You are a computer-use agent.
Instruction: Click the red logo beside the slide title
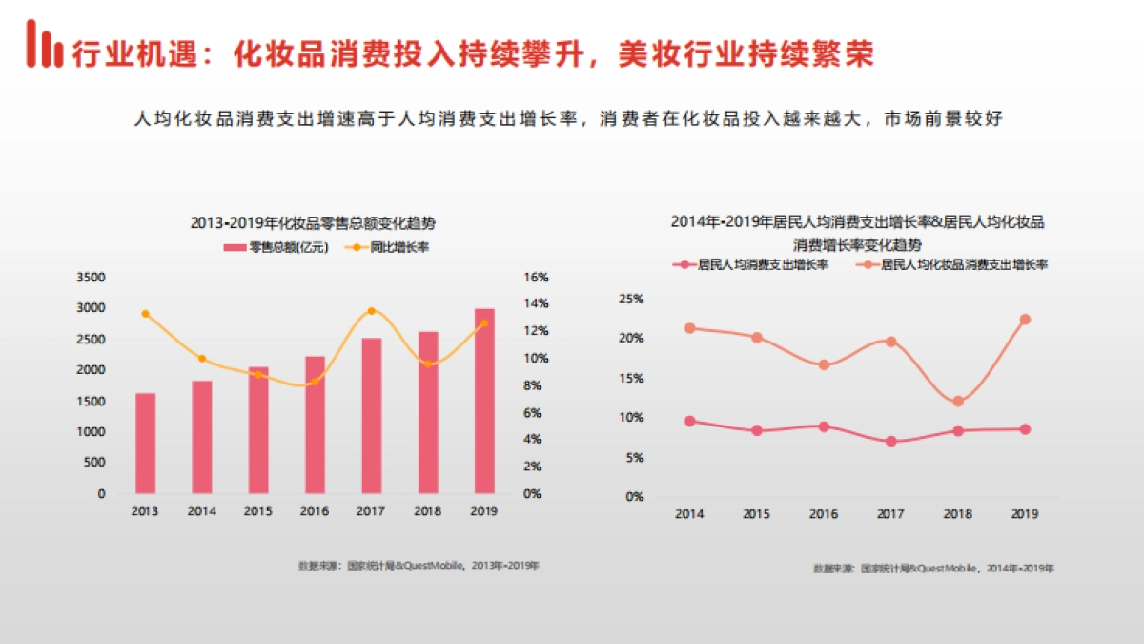43,45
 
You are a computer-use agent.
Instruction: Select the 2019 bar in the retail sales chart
484,401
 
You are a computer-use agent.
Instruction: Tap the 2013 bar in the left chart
145,443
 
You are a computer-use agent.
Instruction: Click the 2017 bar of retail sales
372,415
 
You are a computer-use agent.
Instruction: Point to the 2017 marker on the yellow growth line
372,311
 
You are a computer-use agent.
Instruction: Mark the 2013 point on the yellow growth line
145,314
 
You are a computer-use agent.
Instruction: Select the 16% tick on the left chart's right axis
536,278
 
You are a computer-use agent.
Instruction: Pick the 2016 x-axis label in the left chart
315,511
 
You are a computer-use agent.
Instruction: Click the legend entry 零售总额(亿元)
276,248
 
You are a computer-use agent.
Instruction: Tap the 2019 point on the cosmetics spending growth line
1025,320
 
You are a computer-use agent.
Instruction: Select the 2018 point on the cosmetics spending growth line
958,402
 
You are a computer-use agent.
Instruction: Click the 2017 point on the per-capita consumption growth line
890,442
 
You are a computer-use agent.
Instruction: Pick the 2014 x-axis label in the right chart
689,514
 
